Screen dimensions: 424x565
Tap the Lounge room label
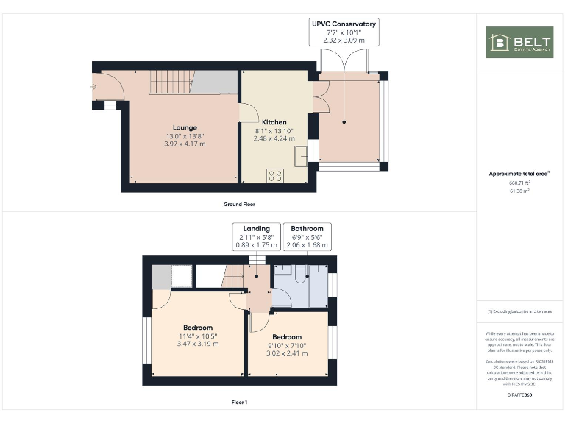(185, 127)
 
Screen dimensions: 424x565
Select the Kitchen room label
(274, 122)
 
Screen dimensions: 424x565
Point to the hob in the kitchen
(275, 175)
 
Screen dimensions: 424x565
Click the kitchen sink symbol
(301, 155)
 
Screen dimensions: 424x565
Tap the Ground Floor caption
(239, 204)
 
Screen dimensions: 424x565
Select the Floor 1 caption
(239, 403)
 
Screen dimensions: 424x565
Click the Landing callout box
(257, 236)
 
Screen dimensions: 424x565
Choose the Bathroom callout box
(307, 236)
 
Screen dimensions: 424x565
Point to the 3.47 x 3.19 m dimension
(198, 344)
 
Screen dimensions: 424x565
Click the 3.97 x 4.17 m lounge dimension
(185, 144)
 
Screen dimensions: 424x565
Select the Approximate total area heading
(519, 174)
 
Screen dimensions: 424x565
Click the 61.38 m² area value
(519, 191)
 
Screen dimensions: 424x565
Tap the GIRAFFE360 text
(519, 396)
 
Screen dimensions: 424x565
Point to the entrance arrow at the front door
(93, 87)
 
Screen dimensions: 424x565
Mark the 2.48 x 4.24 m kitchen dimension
(274, 138)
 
